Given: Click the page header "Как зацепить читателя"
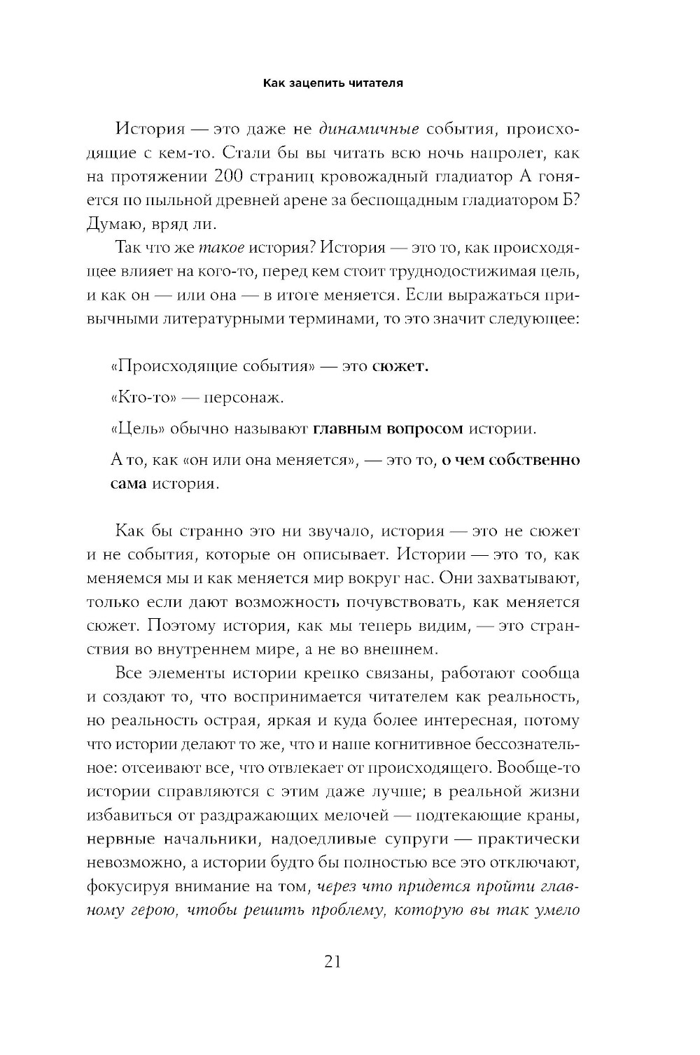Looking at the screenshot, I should tap(332, 83).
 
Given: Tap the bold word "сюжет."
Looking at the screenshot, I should tap(400, 366).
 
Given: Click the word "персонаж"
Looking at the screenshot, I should tap(243, 398).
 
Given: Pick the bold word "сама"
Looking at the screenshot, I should tap(129, 484).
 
